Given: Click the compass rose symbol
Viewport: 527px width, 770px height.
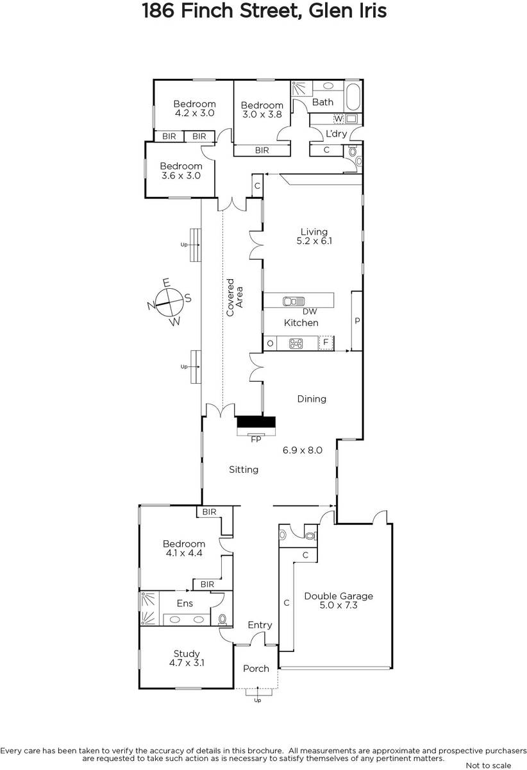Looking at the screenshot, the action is tap(169, 302).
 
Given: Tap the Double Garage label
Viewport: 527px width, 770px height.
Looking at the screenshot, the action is tap(339, 595).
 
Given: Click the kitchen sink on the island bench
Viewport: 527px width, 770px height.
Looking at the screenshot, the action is tap(294, 302).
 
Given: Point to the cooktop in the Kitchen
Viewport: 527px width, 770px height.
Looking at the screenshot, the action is tap(296, 343).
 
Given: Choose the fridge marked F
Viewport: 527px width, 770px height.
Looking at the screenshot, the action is tap(326, 343).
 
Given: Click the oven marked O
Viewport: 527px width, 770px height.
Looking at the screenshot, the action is tap(271, 343).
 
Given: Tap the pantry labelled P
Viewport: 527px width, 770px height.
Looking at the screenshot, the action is tap(357, 321).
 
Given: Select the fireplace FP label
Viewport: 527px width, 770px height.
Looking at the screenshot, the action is tap(256, 440).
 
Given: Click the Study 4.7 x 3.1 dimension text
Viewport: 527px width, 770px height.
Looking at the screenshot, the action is tap(187, 662).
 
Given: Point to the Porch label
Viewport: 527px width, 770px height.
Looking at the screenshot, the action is tap(256, 668).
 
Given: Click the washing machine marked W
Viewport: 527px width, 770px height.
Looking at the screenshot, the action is tap(339, 119).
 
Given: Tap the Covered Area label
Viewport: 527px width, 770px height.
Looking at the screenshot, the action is tap(235, 297).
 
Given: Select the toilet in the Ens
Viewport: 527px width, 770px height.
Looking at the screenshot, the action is tap(222, 619).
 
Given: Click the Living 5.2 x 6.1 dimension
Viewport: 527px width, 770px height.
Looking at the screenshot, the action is tap(314, 241).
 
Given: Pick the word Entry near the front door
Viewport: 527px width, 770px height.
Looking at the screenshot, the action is tap(260, 625).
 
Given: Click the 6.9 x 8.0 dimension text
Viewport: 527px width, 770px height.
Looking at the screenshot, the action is tap(303, 450).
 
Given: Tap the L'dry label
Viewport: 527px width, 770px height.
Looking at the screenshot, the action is tap(336, 133).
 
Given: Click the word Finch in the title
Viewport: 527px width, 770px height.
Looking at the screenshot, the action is tap(207, 10).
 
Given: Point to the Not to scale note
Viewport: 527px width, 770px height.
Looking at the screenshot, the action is tap(488, 765).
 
